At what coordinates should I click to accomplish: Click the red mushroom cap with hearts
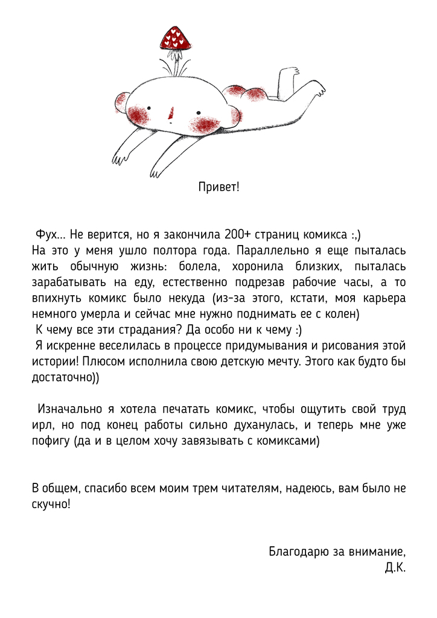tap(175, 39)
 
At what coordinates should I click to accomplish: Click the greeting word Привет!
tap(218, 186)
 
